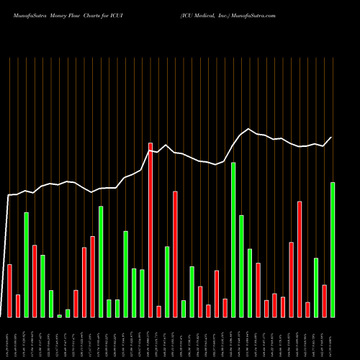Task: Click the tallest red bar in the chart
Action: [x=150, y=230]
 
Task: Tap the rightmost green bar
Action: [x=333, y=250]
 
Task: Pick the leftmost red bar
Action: [x=10, y=291]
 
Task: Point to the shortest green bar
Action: [x=60, y=315]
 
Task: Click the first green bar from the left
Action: [x=27, y=265]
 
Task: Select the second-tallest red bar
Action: [x=175, y=254]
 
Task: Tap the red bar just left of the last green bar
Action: [x=324, y=301]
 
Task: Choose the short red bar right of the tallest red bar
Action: [x=158, y=311]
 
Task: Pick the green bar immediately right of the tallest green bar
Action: [x=241, y=266]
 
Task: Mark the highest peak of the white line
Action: [x=248, y=130]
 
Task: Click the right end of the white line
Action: [x=332, y=138]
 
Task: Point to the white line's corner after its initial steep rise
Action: [x=9, y=195]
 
